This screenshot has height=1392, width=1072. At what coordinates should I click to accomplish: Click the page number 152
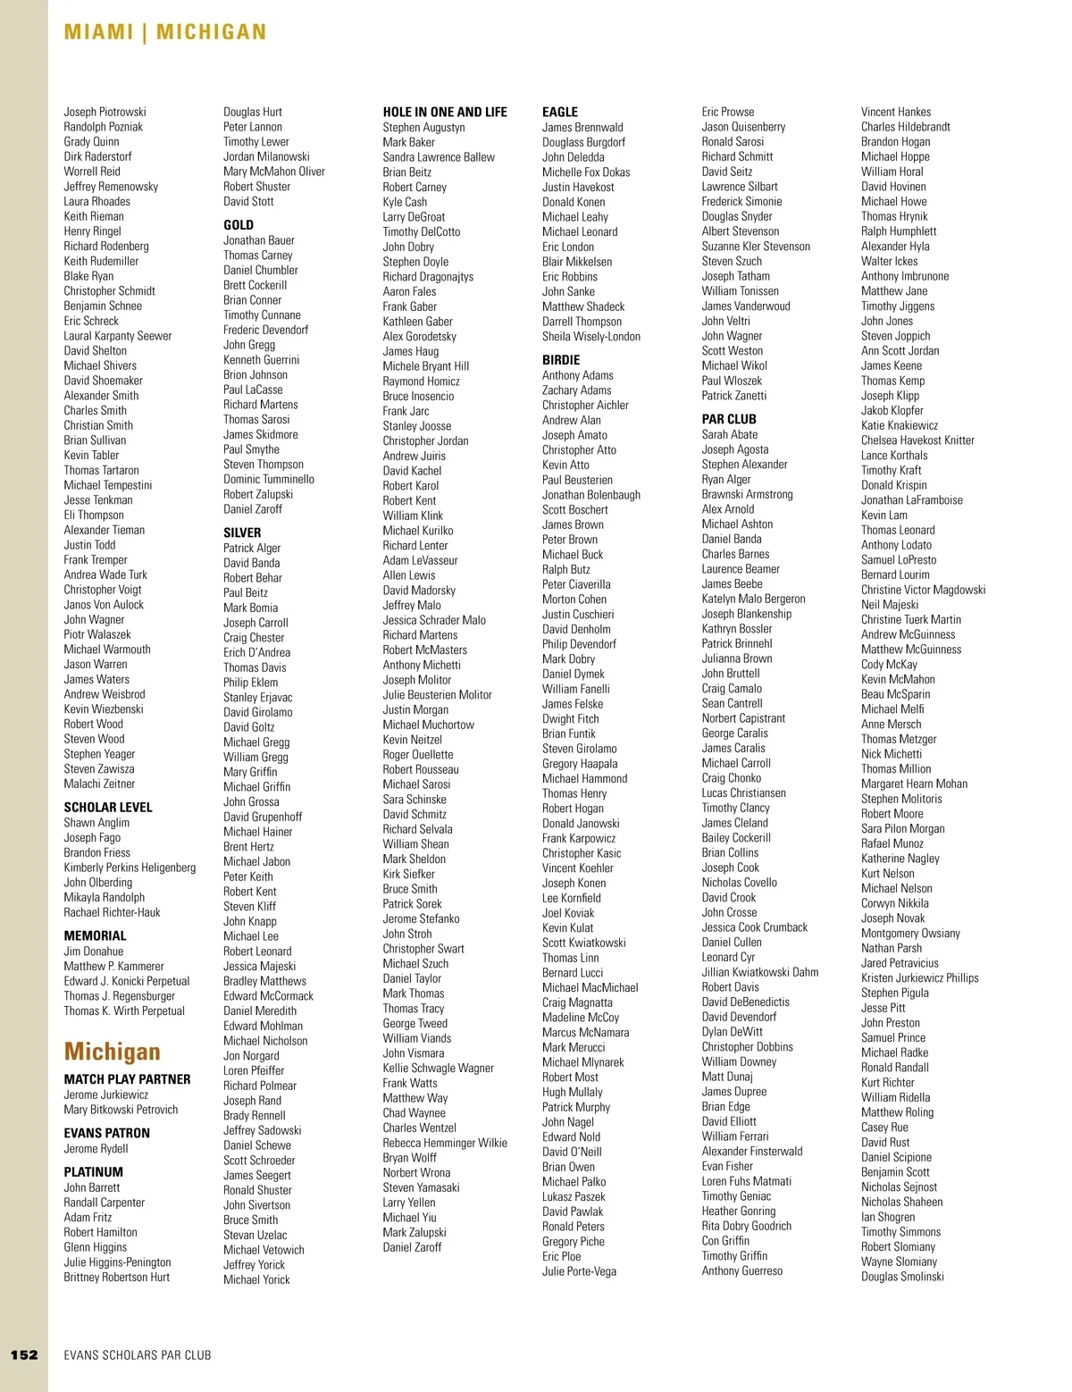click(x=24, y=1354)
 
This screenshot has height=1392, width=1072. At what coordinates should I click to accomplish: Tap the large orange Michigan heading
click(x=112, y=1052)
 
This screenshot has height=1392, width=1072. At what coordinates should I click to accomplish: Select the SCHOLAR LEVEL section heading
click(x=108, y=807)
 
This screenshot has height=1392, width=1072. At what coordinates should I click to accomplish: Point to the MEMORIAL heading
click(x=95, y=935)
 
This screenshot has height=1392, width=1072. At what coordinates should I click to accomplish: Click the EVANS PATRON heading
click(x=106, y=1133)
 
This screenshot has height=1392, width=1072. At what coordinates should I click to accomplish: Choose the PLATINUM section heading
click(x=93, y=1171)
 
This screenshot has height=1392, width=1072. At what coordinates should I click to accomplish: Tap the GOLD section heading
click(x=239, y=225)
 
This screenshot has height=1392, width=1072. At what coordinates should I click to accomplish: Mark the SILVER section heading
click(x=242, y=532)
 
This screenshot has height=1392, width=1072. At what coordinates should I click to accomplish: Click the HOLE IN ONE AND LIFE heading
click(x=445, y=112)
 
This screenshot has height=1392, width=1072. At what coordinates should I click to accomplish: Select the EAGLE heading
click(x=560, y=112)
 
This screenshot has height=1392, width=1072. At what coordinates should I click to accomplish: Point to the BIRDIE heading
click(x=561, y=360)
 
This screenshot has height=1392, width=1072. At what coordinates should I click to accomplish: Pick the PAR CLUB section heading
click(x=729, y=419)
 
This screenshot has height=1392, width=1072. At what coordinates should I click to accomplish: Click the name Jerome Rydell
click(x=96, y=1149)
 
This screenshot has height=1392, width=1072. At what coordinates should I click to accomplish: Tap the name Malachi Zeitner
click(x=99, y=784)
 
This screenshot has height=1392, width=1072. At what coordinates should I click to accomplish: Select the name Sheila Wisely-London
click(x=591, y=337)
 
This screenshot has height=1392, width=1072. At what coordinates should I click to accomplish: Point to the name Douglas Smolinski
click(x=902, y=1277)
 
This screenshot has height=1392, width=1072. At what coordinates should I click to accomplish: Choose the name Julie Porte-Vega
click(x=579, y=1271)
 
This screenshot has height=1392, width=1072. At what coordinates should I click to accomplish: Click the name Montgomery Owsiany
click(x=910, y=933)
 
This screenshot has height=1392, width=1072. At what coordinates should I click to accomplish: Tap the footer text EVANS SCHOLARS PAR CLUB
click(x=138, y=1355)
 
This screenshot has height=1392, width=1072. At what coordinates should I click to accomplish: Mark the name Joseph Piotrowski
click(x=105, y=112)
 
